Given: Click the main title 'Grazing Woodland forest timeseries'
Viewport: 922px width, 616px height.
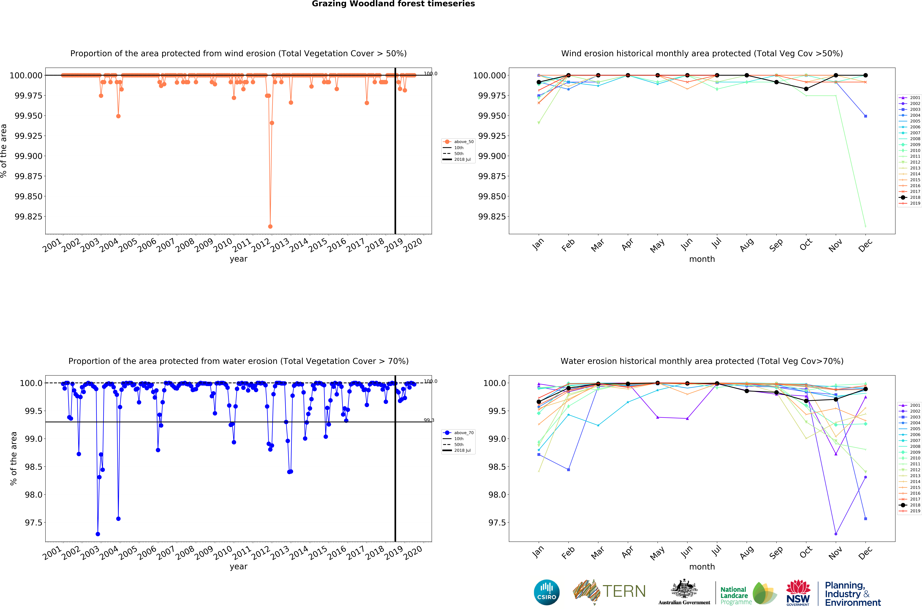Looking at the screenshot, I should coord(393,4).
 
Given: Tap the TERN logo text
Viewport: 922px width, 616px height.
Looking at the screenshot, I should coord(624,591).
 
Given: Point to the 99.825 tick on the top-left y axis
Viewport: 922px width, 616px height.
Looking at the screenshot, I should coord(28,216).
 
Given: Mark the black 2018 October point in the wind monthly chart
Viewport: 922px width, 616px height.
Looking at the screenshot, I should coord(806,89).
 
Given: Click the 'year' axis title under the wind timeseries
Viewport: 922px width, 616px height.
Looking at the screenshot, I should coord(238,259).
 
